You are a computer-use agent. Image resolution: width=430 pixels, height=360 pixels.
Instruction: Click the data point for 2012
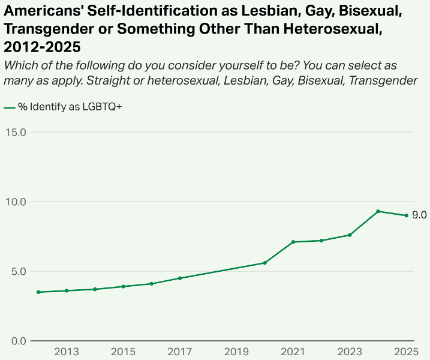coord(38,292)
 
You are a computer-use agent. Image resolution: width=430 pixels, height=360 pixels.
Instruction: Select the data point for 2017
coord(180,278)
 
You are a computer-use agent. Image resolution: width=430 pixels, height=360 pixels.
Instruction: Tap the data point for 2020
coord(264,263)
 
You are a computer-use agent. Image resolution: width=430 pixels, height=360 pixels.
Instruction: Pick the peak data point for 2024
coord(378,211)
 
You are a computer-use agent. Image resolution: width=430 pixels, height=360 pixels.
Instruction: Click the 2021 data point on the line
coord(293,242)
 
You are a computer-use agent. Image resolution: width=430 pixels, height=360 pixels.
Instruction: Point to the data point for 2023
coord(350,235)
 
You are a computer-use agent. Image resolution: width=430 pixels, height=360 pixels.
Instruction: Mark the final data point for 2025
coord(406,215)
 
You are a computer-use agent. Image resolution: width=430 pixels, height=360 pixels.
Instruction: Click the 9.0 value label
coord(419,215)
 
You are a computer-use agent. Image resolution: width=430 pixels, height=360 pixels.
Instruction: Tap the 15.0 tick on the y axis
coord(15,132)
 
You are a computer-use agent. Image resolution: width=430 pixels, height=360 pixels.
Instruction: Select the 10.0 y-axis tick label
coord(15,202)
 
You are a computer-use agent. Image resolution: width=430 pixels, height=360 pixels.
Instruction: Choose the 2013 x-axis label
coord(67,352)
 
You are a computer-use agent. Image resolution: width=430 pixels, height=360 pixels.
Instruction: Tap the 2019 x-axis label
coord(236,352)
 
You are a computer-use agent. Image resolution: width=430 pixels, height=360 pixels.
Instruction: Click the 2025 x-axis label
coord(406,352)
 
